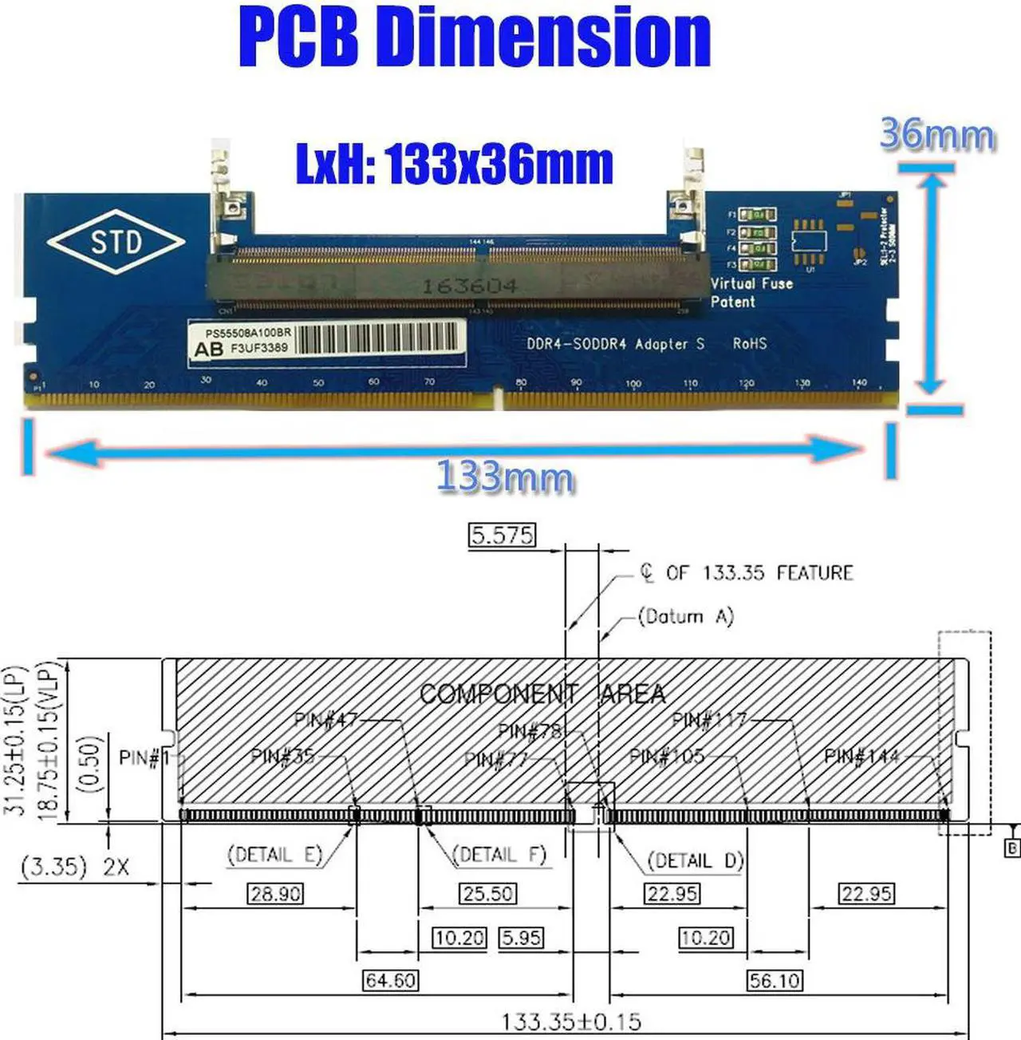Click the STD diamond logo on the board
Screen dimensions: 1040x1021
coord(116,242)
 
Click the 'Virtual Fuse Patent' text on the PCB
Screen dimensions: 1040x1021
coord(751,292)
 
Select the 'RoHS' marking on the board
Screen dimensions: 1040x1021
coord(749,343)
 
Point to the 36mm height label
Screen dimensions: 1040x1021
coord(937,134)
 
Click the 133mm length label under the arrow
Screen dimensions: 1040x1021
coord(504,477)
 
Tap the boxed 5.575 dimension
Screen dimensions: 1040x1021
coord(501,535)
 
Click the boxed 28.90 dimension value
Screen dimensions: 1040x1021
coord(275,893)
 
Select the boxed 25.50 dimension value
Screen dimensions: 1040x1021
coord(487,893)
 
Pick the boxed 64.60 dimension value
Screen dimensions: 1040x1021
coord(390,979)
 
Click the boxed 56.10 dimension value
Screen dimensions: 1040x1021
coord(775,979)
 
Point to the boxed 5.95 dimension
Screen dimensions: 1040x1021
coord(521,937)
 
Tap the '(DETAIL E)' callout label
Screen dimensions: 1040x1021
coord(275,855)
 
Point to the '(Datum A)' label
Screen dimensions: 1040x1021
coord(685,616)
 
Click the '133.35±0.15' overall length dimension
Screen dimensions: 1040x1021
coord(571,1022)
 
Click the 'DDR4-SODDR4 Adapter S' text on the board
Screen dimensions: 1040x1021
coord(615,344)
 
